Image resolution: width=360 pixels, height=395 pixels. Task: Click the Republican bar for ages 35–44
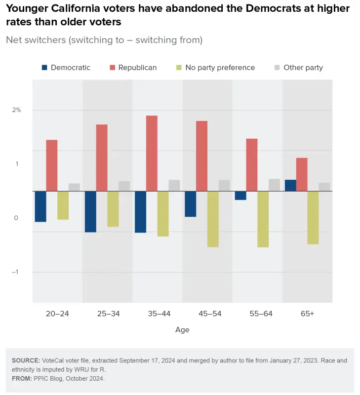pyautogui.click(x=152, y=153)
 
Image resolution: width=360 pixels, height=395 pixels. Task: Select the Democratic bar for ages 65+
pyautogui.click(x=290, y=185)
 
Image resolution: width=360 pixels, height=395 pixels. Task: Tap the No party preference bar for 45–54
pyautogui.click(x=213, y=219)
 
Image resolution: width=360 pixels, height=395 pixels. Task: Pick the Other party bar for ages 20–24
pyautogui.click(x=74, y=187)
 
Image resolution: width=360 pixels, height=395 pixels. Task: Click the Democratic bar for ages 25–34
pyautogui.click(x=90, y=211)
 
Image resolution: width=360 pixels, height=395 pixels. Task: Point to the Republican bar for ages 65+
pyautogui.click(x=302, y=174)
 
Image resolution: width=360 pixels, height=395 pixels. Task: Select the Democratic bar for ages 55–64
pyautogui.click(x=240, y=196)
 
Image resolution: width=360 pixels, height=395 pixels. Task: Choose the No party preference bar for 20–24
pyautogui.click(x=63, y=205)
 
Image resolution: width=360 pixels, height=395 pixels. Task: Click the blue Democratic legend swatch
pyautogui.click(x=45, y=68)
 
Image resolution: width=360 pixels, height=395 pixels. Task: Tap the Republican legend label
pyautogui.click(x=137, y=68)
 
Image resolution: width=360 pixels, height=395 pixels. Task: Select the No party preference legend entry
pyautogui.click(x=220, y=68)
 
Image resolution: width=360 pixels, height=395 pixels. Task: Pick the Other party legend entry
pyautogui.click(x=303, y=68)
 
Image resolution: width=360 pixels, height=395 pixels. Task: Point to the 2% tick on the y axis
pyautogui.click(x=17, y=110)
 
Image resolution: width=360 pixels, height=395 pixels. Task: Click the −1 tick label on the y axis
pyautogui.click(x=16, y=272)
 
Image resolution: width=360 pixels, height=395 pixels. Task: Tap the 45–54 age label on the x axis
pyautogui.click(x=207, y=314)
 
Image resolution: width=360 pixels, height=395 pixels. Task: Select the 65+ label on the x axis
pyautogui.click(x=307, y=314)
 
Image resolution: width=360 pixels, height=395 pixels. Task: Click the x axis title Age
pyautogui.click(x=182, y=330)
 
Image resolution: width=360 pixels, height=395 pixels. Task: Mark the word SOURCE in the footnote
pyautogui.click(x=26, y=361)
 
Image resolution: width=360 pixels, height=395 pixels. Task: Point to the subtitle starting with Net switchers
pyautogui.click(x=104, y=40)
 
